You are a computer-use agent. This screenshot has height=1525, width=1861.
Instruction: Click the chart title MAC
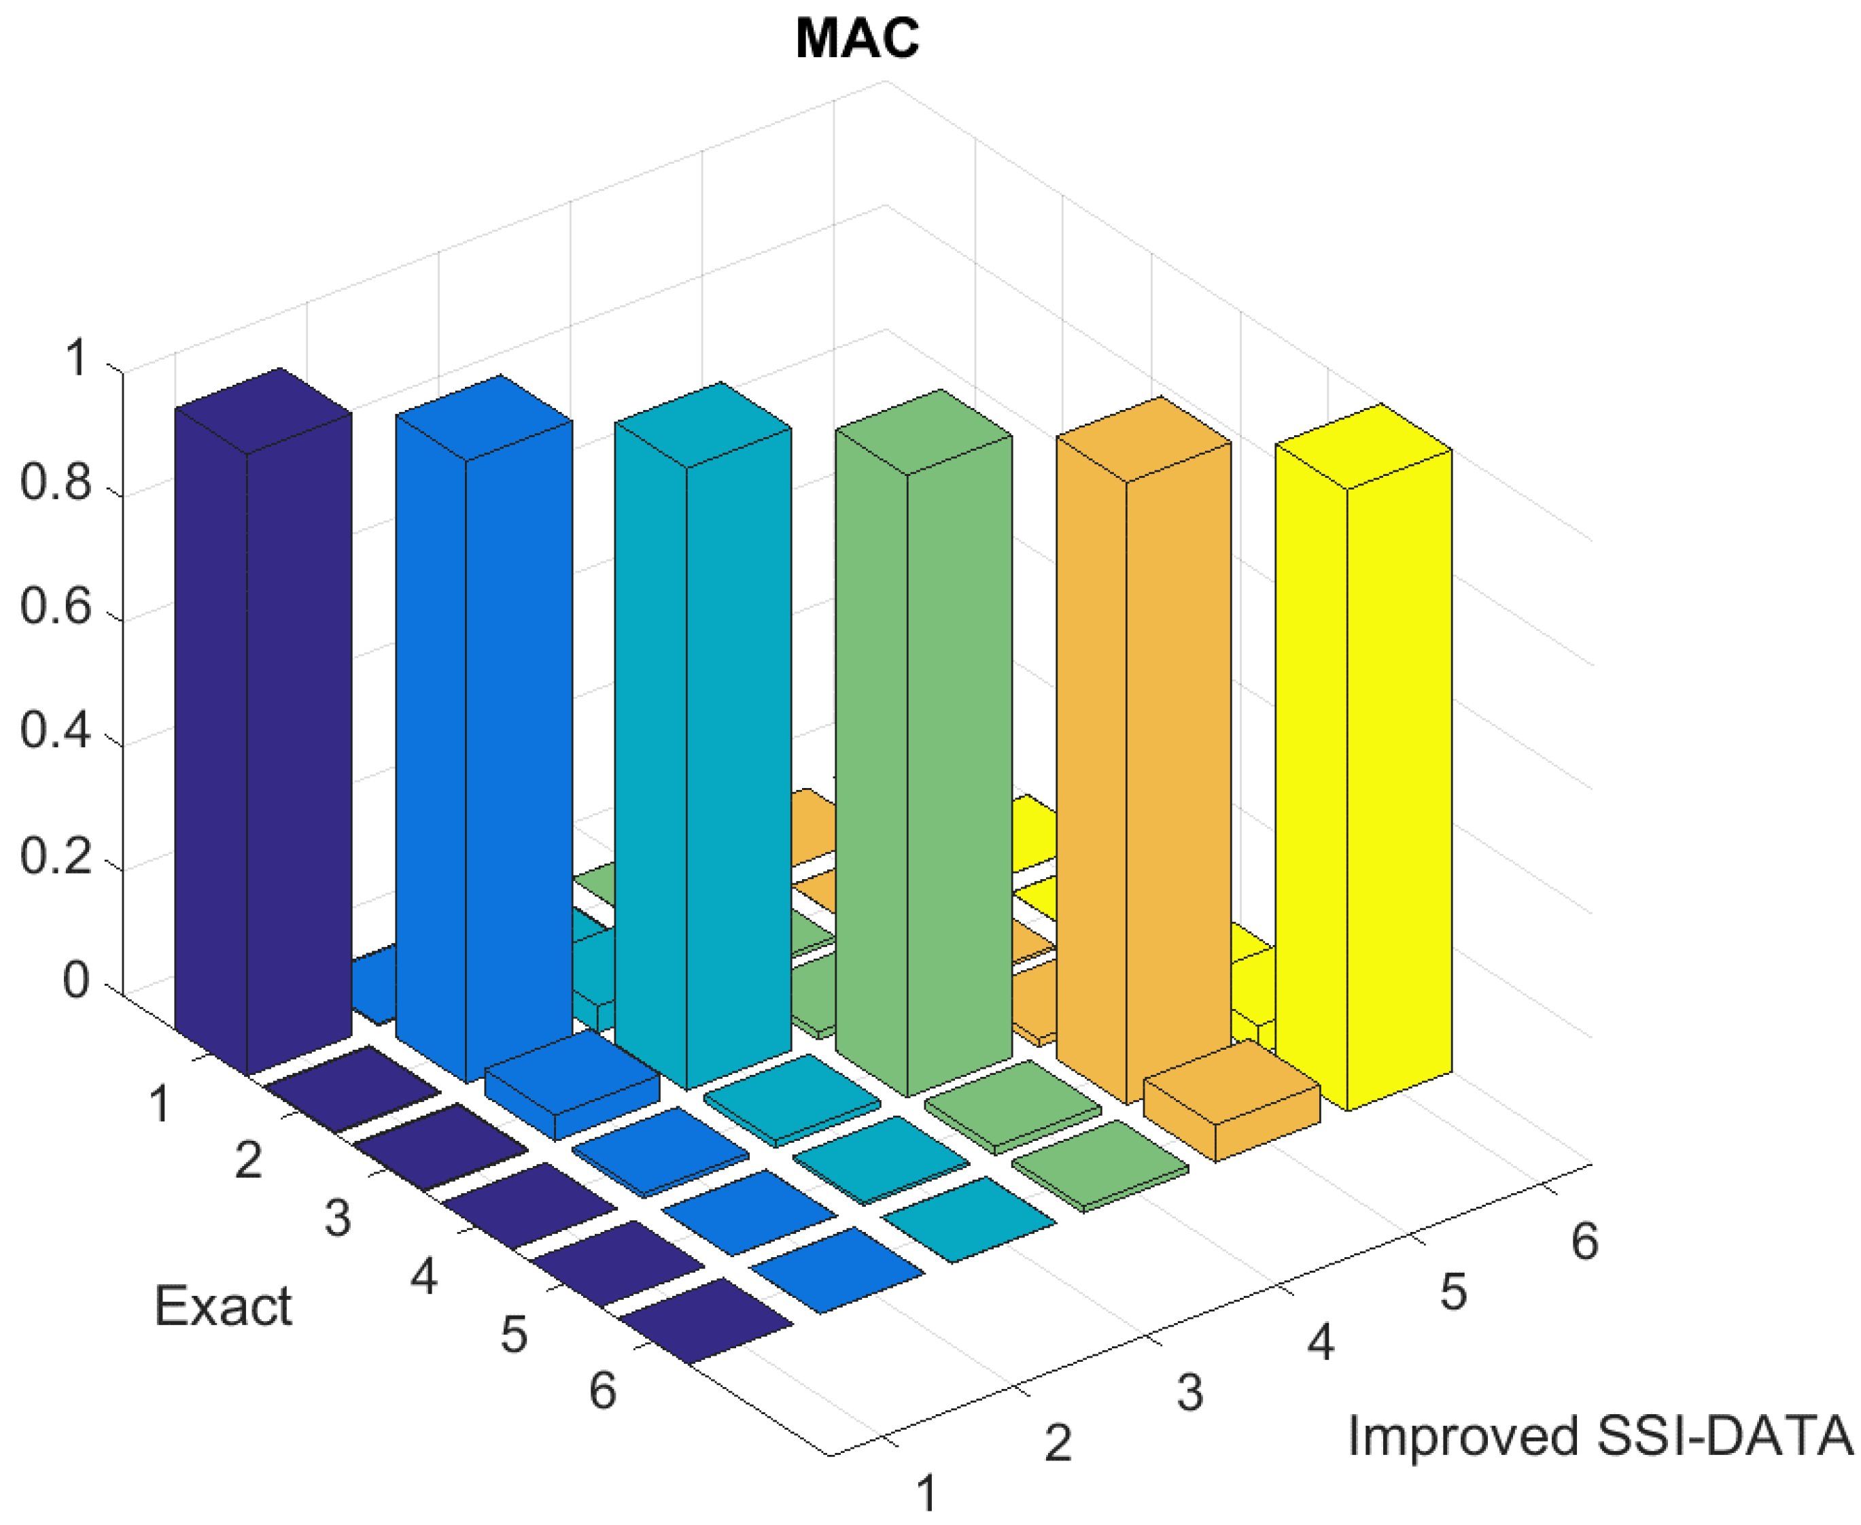click(856, 39)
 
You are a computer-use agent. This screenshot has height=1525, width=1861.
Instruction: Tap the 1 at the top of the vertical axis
click(77, 358)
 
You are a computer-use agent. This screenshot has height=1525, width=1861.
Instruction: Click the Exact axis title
click(222, 1306)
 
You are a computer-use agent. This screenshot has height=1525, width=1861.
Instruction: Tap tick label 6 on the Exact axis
click(602, 1390)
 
